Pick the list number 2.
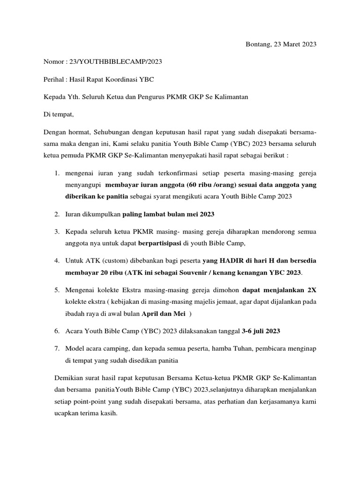pos(56,214)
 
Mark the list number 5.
pos(56,290)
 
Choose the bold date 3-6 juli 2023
pos(261,330)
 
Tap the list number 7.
pos(56,348)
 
